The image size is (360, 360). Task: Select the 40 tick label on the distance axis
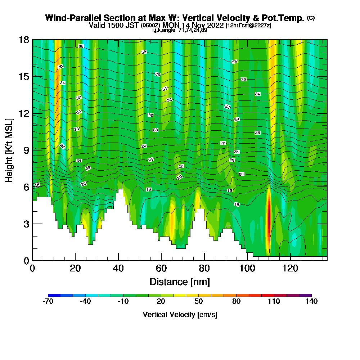118,269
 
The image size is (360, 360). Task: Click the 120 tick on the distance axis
290,269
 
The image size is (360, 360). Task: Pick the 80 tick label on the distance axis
204,269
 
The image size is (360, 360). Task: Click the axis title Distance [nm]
180,282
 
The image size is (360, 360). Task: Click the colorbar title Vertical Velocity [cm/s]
180,315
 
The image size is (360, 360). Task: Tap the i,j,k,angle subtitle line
180,30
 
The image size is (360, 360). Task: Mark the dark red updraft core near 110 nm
268,216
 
